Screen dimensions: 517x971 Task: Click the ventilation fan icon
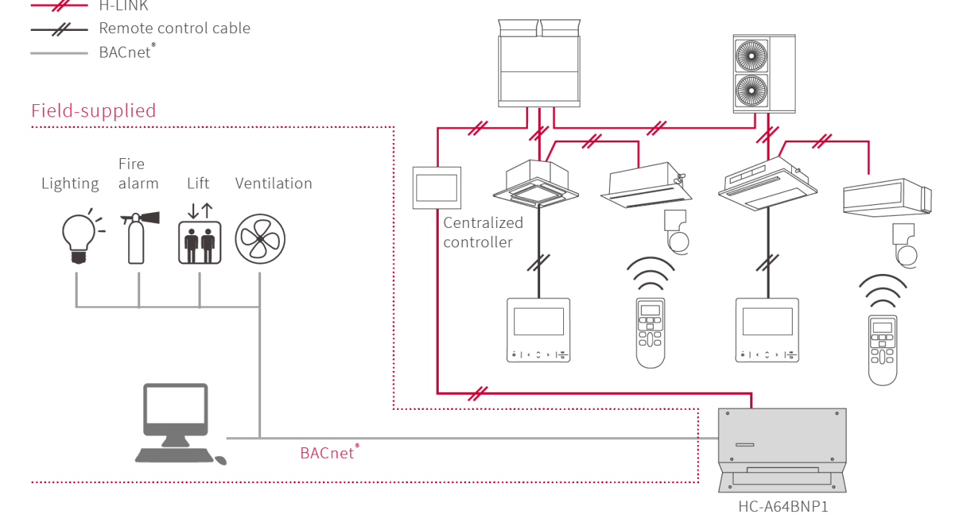coord(260,239)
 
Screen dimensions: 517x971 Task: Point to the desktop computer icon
coord(176,424)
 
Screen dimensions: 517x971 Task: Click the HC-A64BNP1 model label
coord(783,507)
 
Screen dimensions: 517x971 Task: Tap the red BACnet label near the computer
coord(329,453)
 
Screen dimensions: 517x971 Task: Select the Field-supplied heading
coord(94,111)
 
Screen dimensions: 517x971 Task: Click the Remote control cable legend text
coord(174,29)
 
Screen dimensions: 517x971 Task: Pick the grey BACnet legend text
coord(127,52)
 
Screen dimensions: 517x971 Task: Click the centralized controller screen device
coord(437,187)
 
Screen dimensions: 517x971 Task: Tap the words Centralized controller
coord(483,232)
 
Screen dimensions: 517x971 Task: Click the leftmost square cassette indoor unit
coord(536,181)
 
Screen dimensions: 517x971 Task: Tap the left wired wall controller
coord(538,329)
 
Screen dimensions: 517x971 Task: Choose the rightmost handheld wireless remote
coord(883,349)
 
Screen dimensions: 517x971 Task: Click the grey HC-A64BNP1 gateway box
coord(783,446)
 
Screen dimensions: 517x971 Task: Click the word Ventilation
coord(273,183)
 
